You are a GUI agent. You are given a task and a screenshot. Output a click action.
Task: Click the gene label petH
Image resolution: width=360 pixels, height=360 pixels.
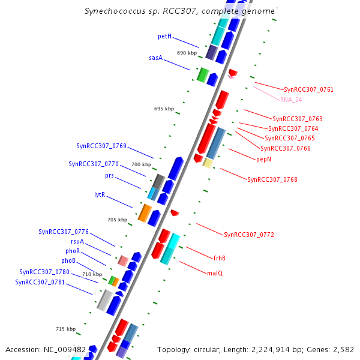coord(164,37)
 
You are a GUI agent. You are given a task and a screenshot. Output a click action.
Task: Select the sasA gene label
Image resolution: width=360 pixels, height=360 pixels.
coord(155,58)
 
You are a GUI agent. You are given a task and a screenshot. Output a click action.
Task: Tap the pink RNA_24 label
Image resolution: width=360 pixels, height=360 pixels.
coord(291,100)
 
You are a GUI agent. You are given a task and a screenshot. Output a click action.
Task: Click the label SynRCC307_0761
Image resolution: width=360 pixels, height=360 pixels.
coord(308,89)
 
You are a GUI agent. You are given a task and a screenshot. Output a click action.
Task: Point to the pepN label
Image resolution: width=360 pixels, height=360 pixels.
coord(263,159)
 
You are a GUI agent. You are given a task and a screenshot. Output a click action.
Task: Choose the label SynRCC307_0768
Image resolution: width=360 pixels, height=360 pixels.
coord(272,179)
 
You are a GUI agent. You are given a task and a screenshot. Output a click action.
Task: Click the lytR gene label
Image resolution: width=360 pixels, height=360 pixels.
coord(100,194)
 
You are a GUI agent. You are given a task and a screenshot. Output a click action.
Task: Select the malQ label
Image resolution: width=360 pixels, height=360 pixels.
coord(214,273)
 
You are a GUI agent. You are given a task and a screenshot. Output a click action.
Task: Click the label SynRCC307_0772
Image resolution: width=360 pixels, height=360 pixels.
coord(248,235)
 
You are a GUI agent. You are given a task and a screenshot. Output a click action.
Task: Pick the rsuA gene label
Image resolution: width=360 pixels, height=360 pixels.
coord(77,242)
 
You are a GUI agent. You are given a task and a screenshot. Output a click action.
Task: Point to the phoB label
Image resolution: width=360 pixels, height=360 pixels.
coord(68,261)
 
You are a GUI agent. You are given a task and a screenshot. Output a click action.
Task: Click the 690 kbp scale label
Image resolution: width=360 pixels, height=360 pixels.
coord(187,53)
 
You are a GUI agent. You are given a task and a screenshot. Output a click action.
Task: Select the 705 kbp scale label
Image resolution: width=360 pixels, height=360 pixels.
coord(117,220)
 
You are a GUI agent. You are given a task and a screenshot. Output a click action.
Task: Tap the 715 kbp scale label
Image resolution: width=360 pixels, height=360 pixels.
coord(65,329)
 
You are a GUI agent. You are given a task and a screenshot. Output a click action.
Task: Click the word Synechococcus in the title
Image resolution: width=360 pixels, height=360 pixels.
coord(111,11)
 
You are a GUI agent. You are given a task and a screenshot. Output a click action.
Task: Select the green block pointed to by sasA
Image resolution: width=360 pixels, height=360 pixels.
coord(202,75)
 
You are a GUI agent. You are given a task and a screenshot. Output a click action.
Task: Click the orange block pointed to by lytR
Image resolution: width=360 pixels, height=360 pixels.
coord(145,212)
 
